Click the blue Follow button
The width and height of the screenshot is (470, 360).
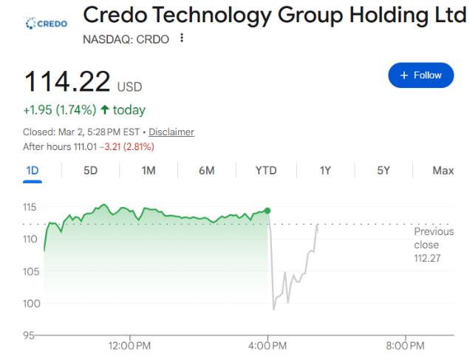(420, 75)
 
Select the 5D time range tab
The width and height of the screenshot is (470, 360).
(90, 171)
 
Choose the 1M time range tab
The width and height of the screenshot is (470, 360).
(149, 171)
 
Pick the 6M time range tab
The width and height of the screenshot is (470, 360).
(206, 171)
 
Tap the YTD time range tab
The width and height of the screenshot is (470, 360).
(266, 171)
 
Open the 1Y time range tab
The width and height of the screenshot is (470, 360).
(325, 171)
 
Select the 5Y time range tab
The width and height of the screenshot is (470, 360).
(384, 171)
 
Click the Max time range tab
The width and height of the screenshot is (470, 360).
(443, 171)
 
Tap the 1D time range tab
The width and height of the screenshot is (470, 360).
(33, 171)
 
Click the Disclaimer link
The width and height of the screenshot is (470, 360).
(171, 132)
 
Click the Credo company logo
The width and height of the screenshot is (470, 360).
(46, 23)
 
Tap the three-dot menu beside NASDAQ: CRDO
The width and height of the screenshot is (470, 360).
(182, 38)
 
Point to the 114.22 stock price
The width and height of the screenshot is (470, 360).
(67, 81)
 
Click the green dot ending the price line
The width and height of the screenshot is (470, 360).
(268, 211)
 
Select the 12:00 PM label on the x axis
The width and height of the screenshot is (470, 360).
(130, 345)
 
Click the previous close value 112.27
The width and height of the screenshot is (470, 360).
(426, 258)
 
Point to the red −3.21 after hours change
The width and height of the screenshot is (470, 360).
(113, 147)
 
